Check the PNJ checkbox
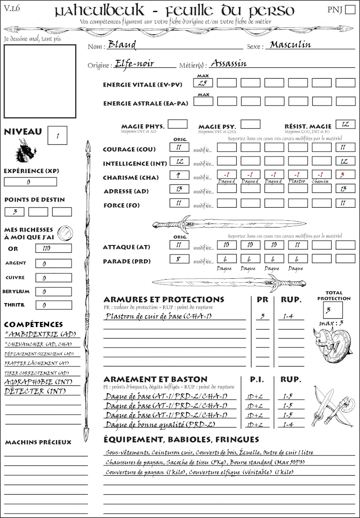click(349, 10)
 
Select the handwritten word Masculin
click(290, 45)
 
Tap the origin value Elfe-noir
click(134, 63)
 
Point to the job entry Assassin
click(229, 63)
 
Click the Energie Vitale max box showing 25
click(203, 83)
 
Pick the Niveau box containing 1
click(58, 135)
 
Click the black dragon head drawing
click(26, 150)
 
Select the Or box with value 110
click(53, 248)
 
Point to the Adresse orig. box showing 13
click(179, 188)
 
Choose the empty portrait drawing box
click(40, 81)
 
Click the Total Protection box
click(333, 310)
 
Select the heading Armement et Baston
click(155, 379)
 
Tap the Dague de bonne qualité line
click(171, 424)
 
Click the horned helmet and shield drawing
click(333, 345)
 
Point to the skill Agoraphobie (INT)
click(38, 382)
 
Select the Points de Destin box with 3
click(14, 211)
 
